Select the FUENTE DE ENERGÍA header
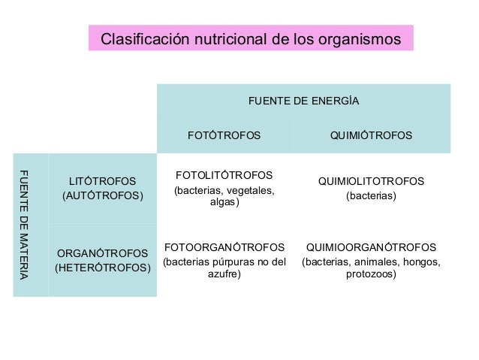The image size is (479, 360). click(x=303, y=101)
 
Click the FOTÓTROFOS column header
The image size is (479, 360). click(x=224, y=136)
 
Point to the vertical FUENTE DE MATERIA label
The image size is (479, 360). click(x=23, y=225)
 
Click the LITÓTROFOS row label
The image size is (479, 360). click(x=102, y=181)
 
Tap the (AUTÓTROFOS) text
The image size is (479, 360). click(x=102, y=196)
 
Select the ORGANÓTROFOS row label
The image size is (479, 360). click(x=102, y=253)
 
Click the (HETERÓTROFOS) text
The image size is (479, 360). click(x=102, y=268)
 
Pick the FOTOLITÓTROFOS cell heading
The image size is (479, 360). click(x=224, y=175)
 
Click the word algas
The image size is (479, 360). click(x=224, y=202)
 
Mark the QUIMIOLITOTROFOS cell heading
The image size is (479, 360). click(x=371, y=181)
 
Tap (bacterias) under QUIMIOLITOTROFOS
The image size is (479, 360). click(x=371, y=196)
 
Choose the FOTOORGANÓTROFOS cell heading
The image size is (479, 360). click(x=224, y=247)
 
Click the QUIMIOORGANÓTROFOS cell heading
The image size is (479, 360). click(x=371, y=247)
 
